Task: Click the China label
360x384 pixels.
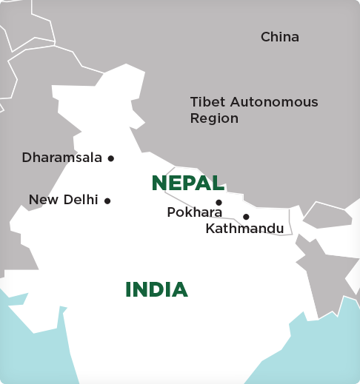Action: tap(280, 37)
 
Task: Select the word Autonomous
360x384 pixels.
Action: tap(273, 102)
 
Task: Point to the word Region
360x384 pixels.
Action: tap(214, 118)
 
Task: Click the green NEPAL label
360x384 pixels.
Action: tap(187, 183)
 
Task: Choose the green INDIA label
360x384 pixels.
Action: tap(156, 289)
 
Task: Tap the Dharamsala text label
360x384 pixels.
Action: tap(62, 158)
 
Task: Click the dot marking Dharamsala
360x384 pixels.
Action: tap(111, 158)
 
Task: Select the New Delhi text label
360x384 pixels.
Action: tap(64, 200)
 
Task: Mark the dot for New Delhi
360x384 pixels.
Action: tap(107, 201)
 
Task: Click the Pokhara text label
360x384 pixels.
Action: tap(195, 212)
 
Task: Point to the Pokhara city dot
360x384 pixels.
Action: tap(219, 203)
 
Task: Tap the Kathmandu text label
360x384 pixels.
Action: tap(244, 229)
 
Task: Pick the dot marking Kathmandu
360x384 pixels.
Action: tap(246, 217)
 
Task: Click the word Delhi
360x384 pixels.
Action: tap(81, 200)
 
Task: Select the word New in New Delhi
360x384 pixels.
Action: tap(41, 200)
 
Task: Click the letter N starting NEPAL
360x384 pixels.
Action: tap(159, 183)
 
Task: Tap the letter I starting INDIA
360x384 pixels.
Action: tap(128, 289)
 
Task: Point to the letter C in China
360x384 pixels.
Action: tap(265, 37)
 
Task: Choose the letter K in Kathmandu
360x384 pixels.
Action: tap(210, 229)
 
